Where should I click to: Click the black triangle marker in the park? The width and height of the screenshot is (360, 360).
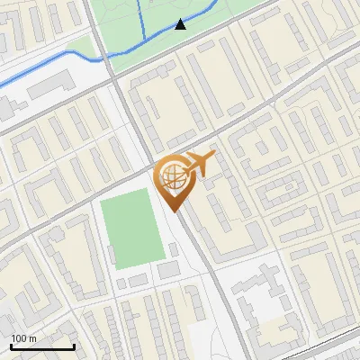pos(180,24)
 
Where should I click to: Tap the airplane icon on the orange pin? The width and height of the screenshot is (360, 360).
pos(198,164)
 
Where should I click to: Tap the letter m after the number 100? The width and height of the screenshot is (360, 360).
pos(32,338)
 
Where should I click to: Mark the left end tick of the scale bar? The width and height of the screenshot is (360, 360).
pos(11,346)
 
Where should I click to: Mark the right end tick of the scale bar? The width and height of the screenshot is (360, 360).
pos(74,346)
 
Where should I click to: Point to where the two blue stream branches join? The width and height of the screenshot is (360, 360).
pos(144,40)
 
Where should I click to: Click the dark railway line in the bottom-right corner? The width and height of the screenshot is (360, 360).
pos(333,337)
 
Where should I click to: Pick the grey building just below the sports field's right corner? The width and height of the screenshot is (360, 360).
pos(167,269)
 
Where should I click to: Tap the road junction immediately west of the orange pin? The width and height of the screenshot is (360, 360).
pos(151,167)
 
